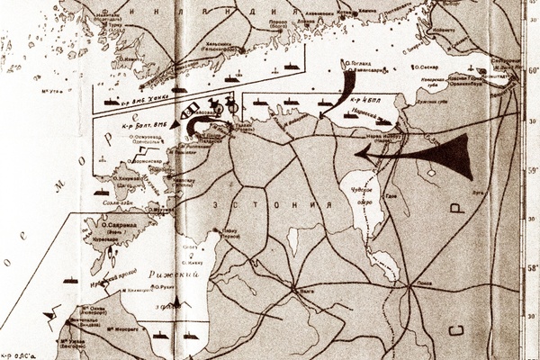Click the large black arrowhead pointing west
(x=454, y=155)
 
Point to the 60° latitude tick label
(x=531, y=70)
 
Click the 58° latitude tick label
(x=532, y=268)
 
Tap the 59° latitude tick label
(x=532, y=166)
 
